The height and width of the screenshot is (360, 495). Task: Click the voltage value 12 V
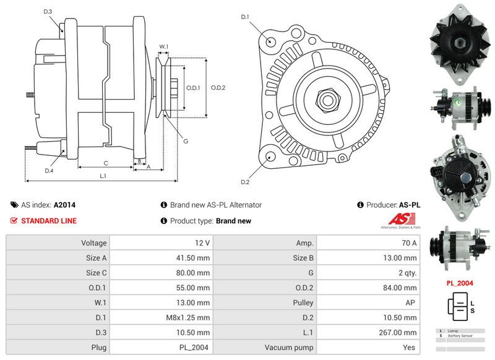[202, 243]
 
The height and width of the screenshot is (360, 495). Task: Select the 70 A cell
[409, 243]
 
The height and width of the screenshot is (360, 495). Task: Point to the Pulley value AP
[411, 302]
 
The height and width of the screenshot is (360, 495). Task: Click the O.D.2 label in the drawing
[218, 87]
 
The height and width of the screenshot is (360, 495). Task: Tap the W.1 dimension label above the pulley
[164, 47]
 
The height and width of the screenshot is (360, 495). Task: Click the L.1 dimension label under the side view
[103, 176]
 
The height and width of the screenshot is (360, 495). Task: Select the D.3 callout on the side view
[48, 12]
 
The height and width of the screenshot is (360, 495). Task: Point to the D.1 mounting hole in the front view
[271, 41]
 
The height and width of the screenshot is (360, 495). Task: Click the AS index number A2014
[65, 205]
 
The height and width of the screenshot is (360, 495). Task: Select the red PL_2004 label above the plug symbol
[460, 283]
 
